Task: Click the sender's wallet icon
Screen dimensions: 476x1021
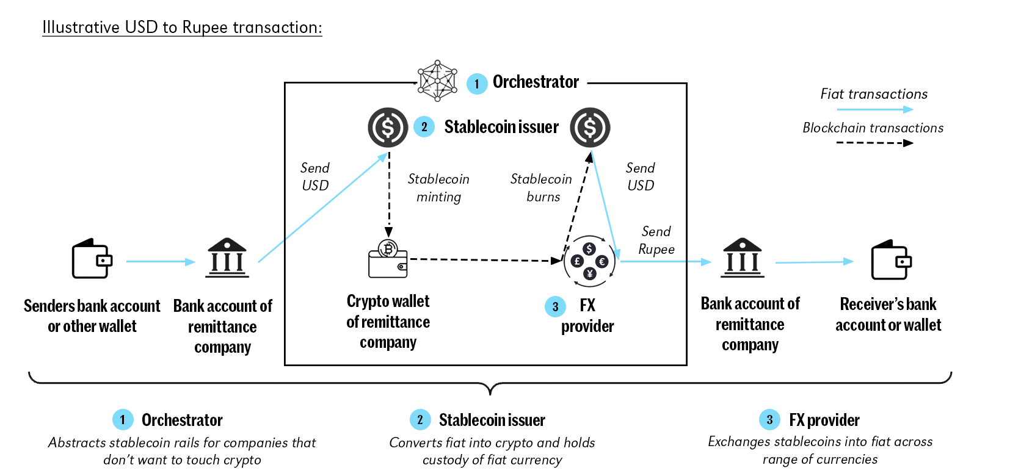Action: click(92, 259)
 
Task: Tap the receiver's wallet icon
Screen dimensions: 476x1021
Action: click(891, 260)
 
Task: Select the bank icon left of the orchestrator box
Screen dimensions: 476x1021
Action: click(227, 258)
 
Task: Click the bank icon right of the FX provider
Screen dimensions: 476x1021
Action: click(742, 258)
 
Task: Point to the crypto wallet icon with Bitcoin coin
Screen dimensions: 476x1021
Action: click(388, 259)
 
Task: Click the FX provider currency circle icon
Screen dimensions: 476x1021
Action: click(589, 261)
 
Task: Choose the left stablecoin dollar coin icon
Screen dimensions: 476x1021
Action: click(388, 128)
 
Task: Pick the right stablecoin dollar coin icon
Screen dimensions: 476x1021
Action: click(590, 128)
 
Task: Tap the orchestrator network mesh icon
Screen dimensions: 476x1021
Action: click(437, 81)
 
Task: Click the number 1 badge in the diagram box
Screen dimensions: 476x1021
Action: click(477, 84)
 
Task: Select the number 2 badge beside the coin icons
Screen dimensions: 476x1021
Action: click(424, 127)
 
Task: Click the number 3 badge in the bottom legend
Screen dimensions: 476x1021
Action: click(769, 420)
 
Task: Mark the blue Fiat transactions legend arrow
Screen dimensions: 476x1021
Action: click(874, 110)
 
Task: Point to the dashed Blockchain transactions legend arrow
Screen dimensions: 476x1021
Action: click(874, 143)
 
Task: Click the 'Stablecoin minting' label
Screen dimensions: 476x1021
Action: click(438, 187)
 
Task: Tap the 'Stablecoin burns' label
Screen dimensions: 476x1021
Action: click(541, 187)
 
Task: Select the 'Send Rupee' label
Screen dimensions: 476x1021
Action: click(656, 240)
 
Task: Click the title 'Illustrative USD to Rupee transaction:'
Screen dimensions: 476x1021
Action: click(182, 27)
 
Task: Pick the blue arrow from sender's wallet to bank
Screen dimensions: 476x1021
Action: click(160, 262)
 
